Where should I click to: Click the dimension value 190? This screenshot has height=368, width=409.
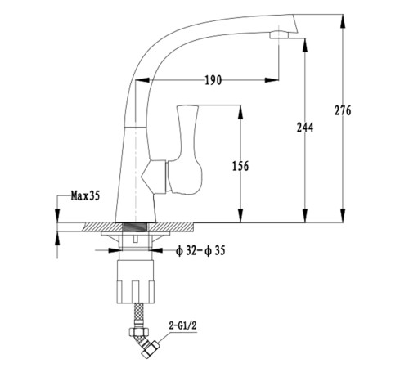(x=213, y=80)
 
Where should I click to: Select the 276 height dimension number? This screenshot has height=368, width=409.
(x=343, y=110)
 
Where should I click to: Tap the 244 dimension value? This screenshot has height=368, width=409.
(x=305, y=128)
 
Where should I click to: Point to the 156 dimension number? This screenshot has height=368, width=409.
(x=240, y=166)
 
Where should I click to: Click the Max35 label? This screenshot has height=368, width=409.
(x=85, y=195)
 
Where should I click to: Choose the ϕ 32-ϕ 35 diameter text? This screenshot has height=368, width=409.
(x=200, y=250)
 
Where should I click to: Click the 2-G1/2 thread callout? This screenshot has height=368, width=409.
(x=182, y=325)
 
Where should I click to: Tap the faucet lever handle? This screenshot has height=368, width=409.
(x=186, y=150)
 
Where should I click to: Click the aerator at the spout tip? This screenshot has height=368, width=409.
(x=279, y=35)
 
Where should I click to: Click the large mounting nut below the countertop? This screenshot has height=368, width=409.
(x=135, y=281)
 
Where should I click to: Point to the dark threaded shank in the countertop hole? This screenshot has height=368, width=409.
(x=135, y=227)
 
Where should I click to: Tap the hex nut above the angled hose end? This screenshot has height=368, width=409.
(x=139, y=331)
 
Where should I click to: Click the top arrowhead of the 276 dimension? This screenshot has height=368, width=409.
(x=343, y=21)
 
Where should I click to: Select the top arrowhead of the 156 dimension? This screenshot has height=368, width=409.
(x=240, y=112)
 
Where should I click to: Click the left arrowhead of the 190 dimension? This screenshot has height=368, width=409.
(x=142, y=80)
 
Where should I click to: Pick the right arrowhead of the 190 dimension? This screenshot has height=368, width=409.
(x=272, y=80)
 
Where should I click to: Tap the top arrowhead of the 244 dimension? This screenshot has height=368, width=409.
(x=305, y=45)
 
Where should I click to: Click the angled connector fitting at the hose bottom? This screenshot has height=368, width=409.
(x=147, y=346)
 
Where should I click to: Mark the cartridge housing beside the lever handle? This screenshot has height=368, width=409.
(x=154, y=177)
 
